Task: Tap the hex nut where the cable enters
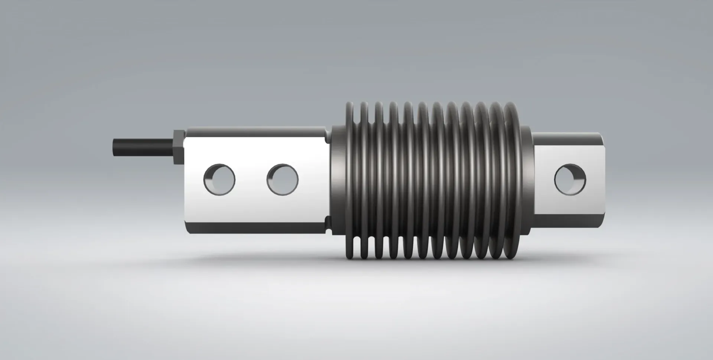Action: click(178, 147)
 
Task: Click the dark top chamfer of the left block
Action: click(256, 132)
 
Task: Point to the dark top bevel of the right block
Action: click(568, 140)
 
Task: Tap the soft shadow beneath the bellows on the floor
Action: click(427, 271)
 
